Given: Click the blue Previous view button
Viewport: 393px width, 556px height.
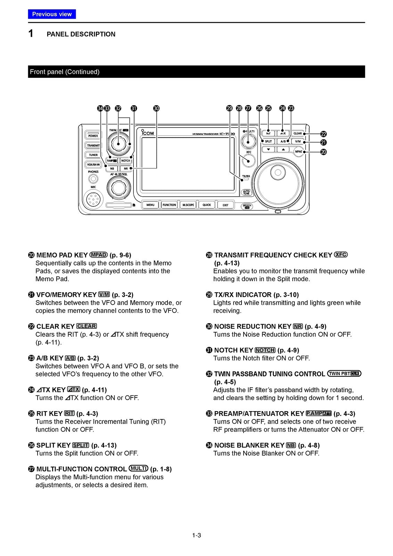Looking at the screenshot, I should (52, 14).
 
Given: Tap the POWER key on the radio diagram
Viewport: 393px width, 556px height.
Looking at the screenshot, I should (93, 136).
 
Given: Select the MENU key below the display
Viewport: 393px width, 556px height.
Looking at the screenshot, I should (150, 205).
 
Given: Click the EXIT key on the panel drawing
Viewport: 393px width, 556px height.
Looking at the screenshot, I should (226, 205).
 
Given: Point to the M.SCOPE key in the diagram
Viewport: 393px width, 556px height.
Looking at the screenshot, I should (188, 205).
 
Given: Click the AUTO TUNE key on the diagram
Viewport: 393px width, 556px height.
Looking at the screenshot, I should (246, 192).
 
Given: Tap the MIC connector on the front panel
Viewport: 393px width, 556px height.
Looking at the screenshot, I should (93, 200).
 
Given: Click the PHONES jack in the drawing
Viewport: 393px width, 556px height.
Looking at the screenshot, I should (93, 179).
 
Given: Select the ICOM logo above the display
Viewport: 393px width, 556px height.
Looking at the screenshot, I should (147, 132).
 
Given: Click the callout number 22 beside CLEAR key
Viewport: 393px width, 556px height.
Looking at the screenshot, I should (324, 134).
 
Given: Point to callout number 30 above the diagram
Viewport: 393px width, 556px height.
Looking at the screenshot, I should (156, 108).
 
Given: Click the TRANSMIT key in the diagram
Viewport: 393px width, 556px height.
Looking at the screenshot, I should (93, 146).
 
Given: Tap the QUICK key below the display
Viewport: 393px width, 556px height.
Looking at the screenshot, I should (207, 205).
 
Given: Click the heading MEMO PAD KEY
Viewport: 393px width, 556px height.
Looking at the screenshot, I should (62, 255).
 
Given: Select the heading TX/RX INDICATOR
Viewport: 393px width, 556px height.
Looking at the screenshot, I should (243, 295).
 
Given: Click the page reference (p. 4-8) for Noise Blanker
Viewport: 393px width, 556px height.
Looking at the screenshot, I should (309, 445).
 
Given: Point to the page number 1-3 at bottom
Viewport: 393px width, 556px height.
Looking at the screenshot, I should (196, 535).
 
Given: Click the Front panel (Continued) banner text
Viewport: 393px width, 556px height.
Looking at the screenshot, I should (65, 72).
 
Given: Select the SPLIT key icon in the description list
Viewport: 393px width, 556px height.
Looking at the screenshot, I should (81, 445).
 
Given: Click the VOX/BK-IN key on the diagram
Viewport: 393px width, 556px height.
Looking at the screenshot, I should (93, 164).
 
